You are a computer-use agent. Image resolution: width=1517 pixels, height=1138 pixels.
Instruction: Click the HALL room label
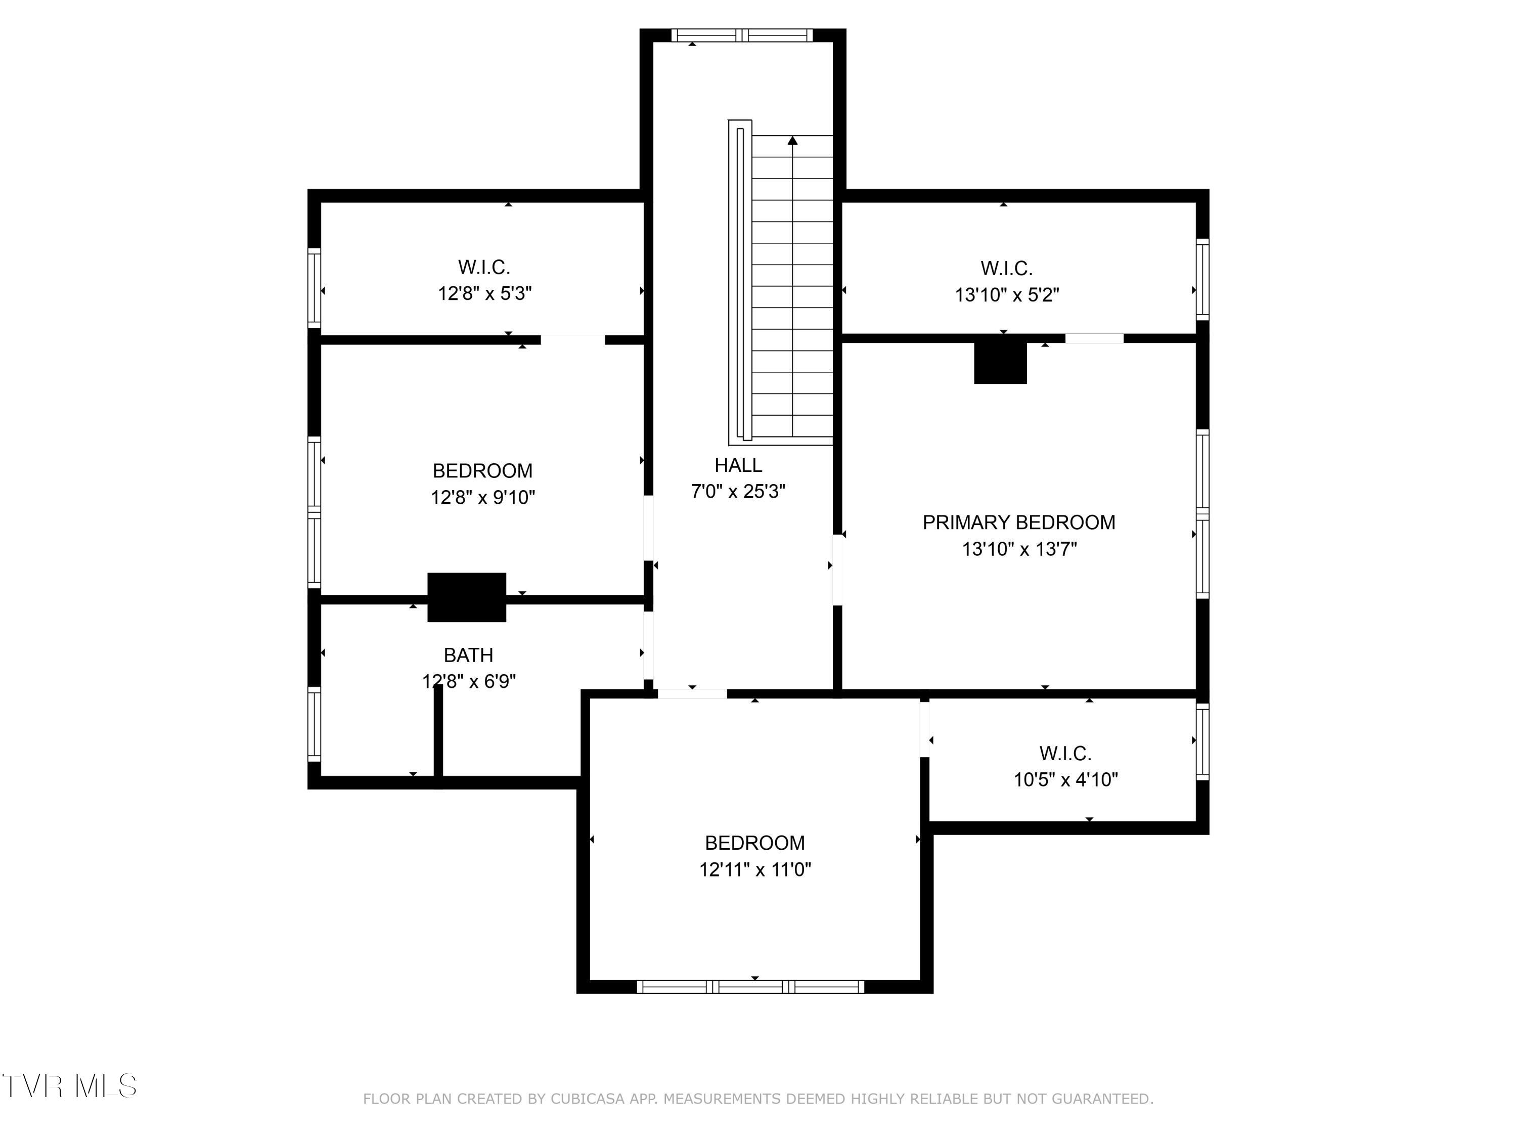coord(738,465)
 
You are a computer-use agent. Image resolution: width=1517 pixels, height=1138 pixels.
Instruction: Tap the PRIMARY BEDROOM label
coord(1018,522)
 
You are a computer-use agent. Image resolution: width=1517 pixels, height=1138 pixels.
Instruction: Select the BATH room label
coord(468,655)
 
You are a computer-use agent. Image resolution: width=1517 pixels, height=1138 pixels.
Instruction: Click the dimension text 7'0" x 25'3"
coord(738,491)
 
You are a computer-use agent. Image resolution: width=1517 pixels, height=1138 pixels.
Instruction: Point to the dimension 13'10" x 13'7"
coord(1019,549)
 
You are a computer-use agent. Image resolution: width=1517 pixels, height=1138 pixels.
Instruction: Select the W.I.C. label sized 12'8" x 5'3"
coord(484,267)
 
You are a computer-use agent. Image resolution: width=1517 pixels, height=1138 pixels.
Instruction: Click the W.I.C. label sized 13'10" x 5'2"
coord(1007,268)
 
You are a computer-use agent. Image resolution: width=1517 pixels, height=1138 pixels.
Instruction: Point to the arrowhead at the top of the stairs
coord(793,141)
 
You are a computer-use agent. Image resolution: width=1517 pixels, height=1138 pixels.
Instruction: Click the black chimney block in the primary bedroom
coord(1001,362)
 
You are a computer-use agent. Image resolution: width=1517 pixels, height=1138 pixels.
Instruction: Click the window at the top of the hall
coord(741,35)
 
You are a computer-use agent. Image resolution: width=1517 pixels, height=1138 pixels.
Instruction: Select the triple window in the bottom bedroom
coord(750,987)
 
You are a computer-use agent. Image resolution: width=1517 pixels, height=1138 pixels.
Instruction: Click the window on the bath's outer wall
coord(314,724)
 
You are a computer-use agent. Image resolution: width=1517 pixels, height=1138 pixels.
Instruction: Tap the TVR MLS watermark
coord(69,1086)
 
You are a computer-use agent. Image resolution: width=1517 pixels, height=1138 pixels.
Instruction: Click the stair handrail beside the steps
coord(740,283)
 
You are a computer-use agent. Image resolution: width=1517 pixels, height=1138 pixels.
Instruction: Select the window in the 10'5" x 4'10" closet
coord(1202,741)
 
